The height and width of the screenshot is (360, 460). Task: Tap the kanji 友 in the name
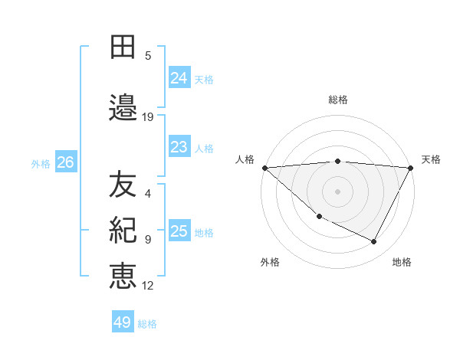pyautogui.click(x=123, y=185)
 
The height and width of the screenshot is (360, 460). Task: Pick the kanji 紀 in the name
pyautogui.click(x=123, y=230)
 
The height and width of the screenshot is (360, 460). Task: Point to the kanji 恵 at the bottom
pyautogui.click(x=123, y=276)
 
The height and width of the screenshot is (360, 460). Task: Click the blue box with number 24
pyautogui.click(x=179, y=78)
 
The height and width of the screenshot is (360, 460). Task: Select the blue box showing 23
pyautogui.click(x=179, y=147)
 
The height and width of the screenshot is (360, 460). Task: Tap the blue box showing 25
pyautogui.click(x=179, y=231)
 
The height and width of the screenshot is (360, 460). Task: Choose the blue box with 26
pyautogui.click(x=65, y=162)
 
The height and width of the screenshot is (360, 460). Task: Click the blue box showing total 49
pyautogui.click(x=122, y=322)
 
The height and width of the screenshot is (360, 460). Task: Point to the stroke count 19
pyautogui.click(x=148, y=117)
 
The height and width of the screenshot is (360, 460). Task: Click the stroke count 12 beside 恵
pyautogui.click(x=148, y=286)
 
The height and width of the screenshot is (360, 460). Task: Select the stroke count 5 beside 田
pyautogui.click(x=148, y=56)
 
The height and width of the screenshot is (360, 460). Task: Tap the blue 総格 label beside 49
pyautogui.click(x=147, y=324)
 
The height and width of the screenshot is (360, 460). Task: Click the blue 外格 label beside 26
pyautogui.click(x=41, y=163)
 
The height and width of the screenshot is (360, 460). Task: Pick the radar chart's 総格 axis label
pyautogui.click(x=338, y=100)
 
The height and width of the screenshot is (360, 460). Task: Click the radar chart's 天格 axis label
pyautogui.click(x=431, y=159)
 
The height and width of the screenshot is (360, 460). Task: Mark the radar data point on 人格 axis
pyautogui.click(x=264, y=168)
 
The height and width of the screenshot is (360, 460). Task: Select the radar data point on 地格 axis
pyautogui.click(x=374, y=242)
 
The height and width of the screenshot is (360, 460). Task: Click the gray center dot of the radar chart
pyautogui.click(x=337, y=191)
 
